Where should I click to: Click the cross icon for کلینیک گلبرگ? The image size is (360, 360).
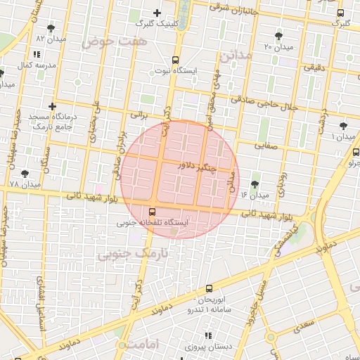pyautogui.click(x=157, y=13)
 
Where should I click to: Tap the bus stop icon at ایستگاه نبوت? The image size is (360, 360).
pyautogui.click(x=174, y=60)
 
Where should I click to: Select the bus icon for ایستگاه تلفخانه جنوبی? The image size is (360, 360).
pyautogui.click(x=153, y=211)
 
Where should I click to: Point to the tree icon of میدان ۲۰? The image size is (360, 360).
pyautogui.click(x=280, y=35)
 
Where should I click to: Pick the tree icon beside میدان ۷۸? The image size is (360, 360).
pyautogui.click(x=25, y=173)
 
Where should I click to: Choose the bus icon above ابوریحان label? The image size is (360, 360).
pyautogui.click(x=209, y=288)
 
